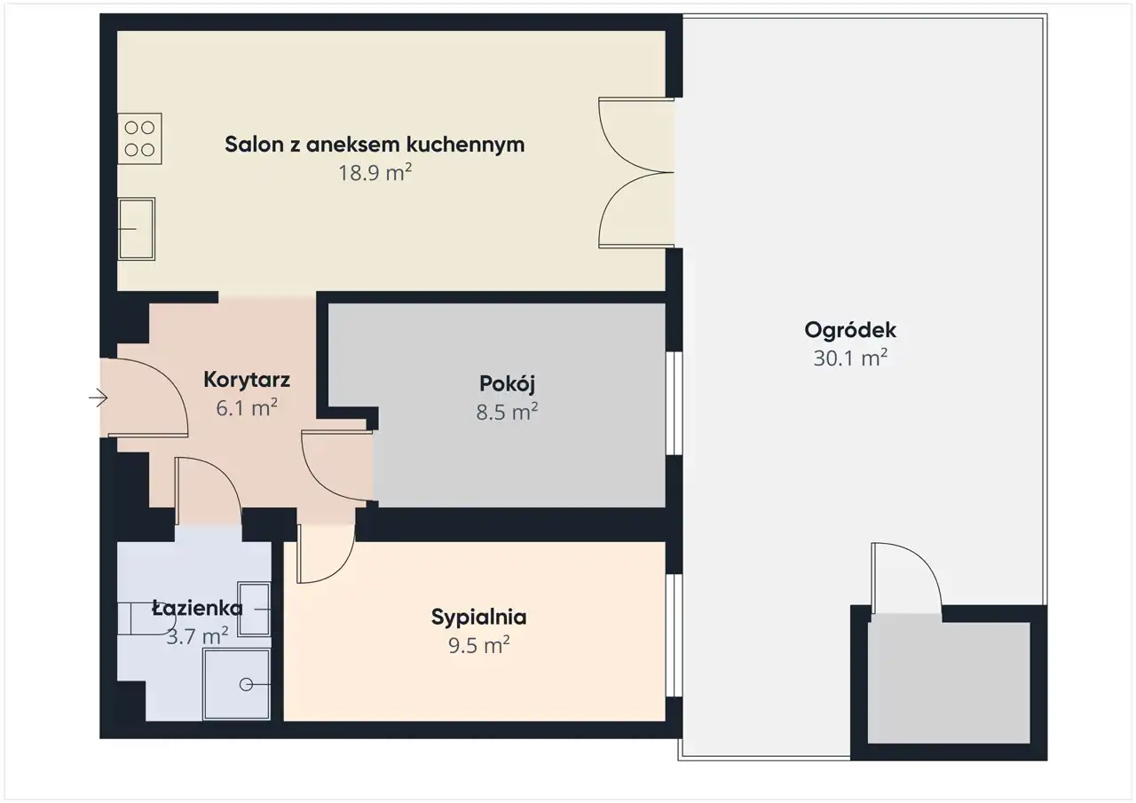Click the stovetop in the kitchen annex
pyautogui.click(x=139, y=138)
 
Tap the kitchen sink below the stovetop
pyautogui.click(x=137, y=229)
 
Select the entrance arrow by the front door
pyautogui.click(x=99, y=398)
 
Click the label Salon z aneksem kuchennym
pyautogui.click(x=375, y=145)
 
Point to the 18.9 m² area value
pyautogui.click(x=375, y=172)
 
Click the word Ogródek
pyautogui.click(x=850, y=331)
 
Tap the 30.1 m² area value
pyautogui.click(x=850, y=358)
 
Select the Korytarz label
pyautogui.click(x=247, y=380)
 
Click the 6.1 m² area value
pyautogui.click(x=247, y=407)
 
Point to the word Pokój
pyautogui.click(x=507, y=384)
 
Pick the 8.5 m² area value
pyautogui.click(x=507, y=412)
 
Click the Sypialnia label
pyautogui.click(x=478, y=617)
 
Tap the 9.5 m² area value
pyautogui.click(x=478, y=645)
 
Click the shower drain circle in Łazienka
pyautogui.click(x=246, y=685)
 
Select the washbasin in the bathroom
pyautogui.click(x=254, y=610)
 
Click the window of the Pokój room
pyautogui.click(x=674, y=403)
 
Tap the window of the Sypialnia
pyautogui.click(x=674, y=635)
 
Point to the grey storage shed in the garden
pyautogui.click(x=949, y=682)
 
